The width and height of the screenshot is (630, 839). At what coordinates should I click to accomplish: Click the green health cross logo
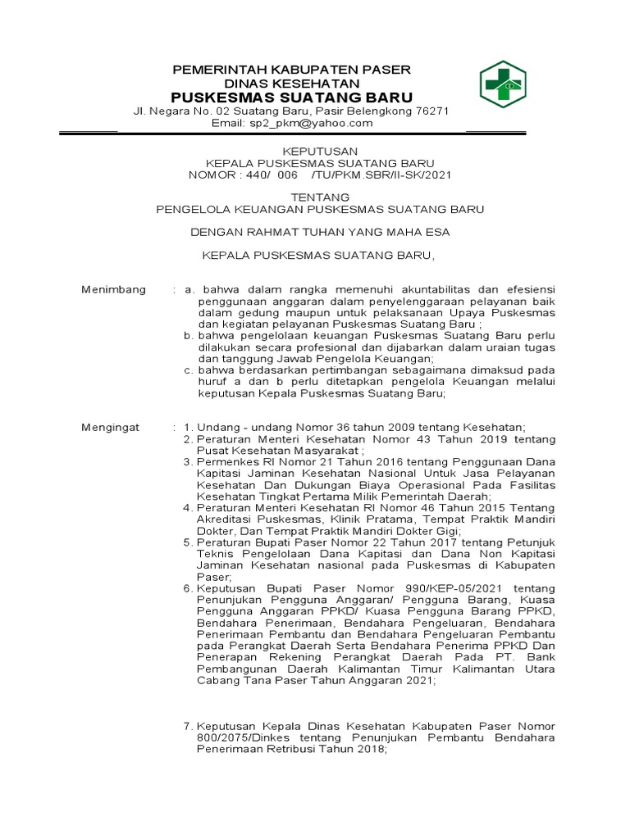click(502, 84)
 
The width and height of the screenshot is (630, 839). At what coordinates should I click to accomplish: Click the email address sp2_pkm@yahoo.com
click(326, 124)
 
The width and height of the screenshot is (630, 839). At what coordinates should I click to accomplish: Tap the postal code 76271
click(432, 111)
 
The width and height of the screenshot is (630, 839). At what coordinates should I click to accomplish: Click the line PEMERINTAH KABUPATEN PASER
click(296, 69)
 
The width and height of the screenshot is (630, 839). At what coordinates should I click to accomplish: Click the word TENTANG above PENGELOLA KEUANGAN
click(321, 197)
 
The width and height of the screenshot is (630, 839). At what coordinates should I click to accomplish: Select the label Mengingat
click(111, 428)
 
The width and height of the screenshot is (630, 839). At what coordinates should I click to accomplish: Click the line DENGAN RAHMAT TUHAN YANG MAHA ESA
click(320, 232)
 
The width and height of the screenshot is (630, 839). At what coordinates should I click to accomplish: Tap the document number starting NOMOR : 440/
click(320, 175)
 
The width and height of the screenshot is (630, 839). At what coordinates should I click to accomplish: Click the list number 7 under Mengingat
click(187, 727)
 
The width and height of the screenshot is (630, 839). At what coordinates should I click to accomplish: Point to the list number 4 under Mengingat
click(187, 508)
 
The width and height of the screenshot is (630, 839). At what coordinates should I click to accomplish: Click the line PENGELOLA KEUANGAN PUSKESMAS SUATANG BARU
click(320, 209)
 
